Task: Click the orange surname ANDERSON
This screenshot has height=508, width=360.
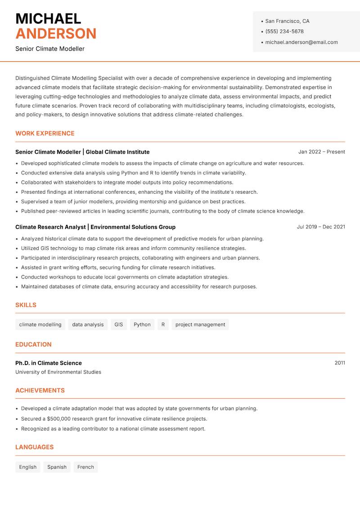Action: [x=56, y=34]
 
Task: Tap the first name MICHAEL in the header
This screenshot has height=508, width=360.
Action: [x=48, y=18]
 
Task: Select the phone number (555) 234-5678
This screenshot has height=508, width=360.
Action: [x=284, y=31]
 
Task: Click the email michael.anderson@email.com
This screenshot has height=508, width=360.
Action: [x=301, y=42]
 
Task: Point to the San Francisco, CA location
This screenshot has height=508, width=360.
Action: [x=287, y=21]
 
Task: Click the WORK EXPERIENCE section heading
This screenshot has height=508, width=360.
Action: [x=45, y=134]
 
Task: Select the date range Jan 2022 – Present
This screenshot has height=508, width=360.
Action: [x=321, y=152]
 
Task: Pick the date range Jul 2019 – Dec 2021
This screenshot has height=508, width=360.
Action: [x=321, y=227]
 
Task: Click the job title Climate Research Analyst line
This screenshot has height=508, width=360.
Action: [x=95, y=227]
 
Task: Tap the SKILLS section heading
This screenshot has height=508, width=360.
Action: [x=26, y=305]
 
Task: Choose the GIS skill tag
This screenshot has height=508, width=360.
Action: [x=119, y=325]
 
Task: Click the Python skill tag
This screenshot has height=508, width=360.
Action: [x=142, y=325]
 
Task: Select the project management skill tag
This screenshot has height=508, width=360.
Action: [x=200, y=325]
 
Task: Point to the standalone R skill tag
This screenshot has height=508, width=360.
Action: [x=163, y=325]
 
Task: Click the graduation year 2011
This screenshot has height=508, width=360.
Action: [x=340, y=363]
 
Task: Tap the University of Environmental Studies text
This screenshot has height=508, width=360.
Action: [x=58, y=372]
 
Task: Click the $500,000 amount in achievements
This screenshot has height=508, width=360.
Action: [x=60, y=419]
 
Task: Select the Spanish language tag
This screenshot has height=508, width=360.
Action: [x=57, y=467]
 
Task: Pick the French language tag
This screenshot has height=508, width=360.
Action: [x=85, y=467]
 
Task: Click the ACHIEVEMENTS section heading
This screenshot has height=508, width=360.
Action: [x=40, y=391]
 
